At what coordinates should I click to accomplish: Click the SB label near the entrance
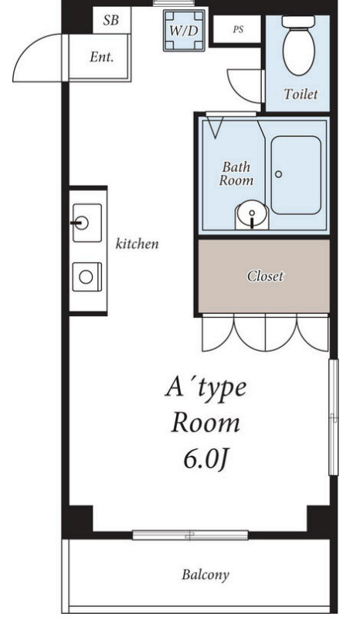pos(110,20)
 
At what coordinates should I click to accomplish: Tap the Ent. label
pos(102,57)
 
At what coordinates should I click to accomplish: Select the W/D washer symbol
pos(184,31)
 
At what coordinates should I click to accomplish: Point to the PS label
pos(238,30)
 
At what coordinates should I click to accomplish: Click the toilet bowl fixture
pos(298,45)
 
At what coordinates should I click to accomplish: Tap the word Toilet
pos(301,94)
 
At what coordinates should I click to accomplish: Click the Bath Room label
pos(236,174)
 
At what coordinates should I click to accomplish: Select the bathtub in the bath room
pos(296,175)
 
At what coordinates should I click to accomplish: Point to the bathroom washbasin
pos(252,215)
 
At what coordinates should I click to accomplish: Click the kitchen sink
pos(87,223)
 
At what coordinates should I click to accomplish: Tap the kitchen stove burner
pos(87,277)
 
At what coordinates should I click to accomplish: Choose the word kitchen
pos(137,243)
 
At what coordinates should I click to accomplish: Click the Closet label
pos(265,276)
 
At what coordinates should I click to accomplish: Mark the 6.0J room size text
pos(205,460)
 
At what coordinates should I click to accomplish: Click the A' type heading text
pos(205,387)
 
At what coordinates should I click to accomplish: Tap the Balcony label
pos(205,575)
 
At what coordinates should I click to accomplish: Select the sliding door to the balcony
pos(190,535)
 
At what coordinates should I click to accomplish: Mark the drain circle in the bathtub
pos(279,174)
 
